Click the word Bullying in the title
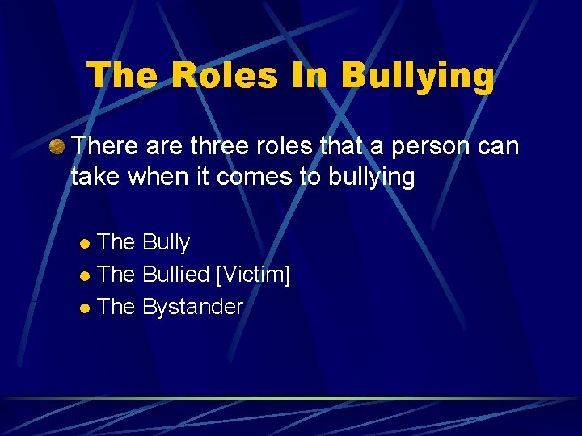pyautogui.click(x=417, y=75)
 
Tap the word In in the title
pyautogui.click(x=311, y=75)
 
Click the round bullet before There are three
pyautogui.click(x=57, y=148)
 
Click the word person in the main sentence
pyautogui.click(x=418, y=147)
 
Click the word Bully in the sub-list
pyautogui.click(x=166, y=242)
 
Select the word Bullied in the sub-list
pyautogui.click(x=175, y=275)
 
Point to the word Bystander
pyautogui.click(x=192, y=307)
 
